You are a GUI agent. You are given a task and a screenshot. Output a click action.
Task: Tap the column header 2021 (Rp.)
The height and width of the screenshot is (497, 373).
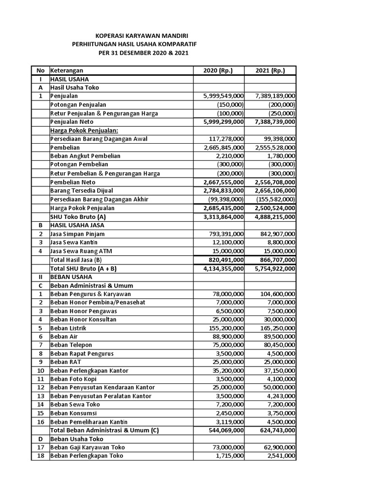click(x=271, y=70)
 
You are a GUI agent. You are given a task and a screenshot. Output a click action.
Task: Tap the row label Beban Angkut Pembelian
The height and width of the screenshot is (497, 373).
click(x=85, y=156)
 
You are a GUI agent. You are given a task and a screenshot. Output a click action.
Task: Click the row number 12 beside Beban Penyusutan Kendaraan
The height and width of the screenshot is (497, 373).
click(x=40, y=388)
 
